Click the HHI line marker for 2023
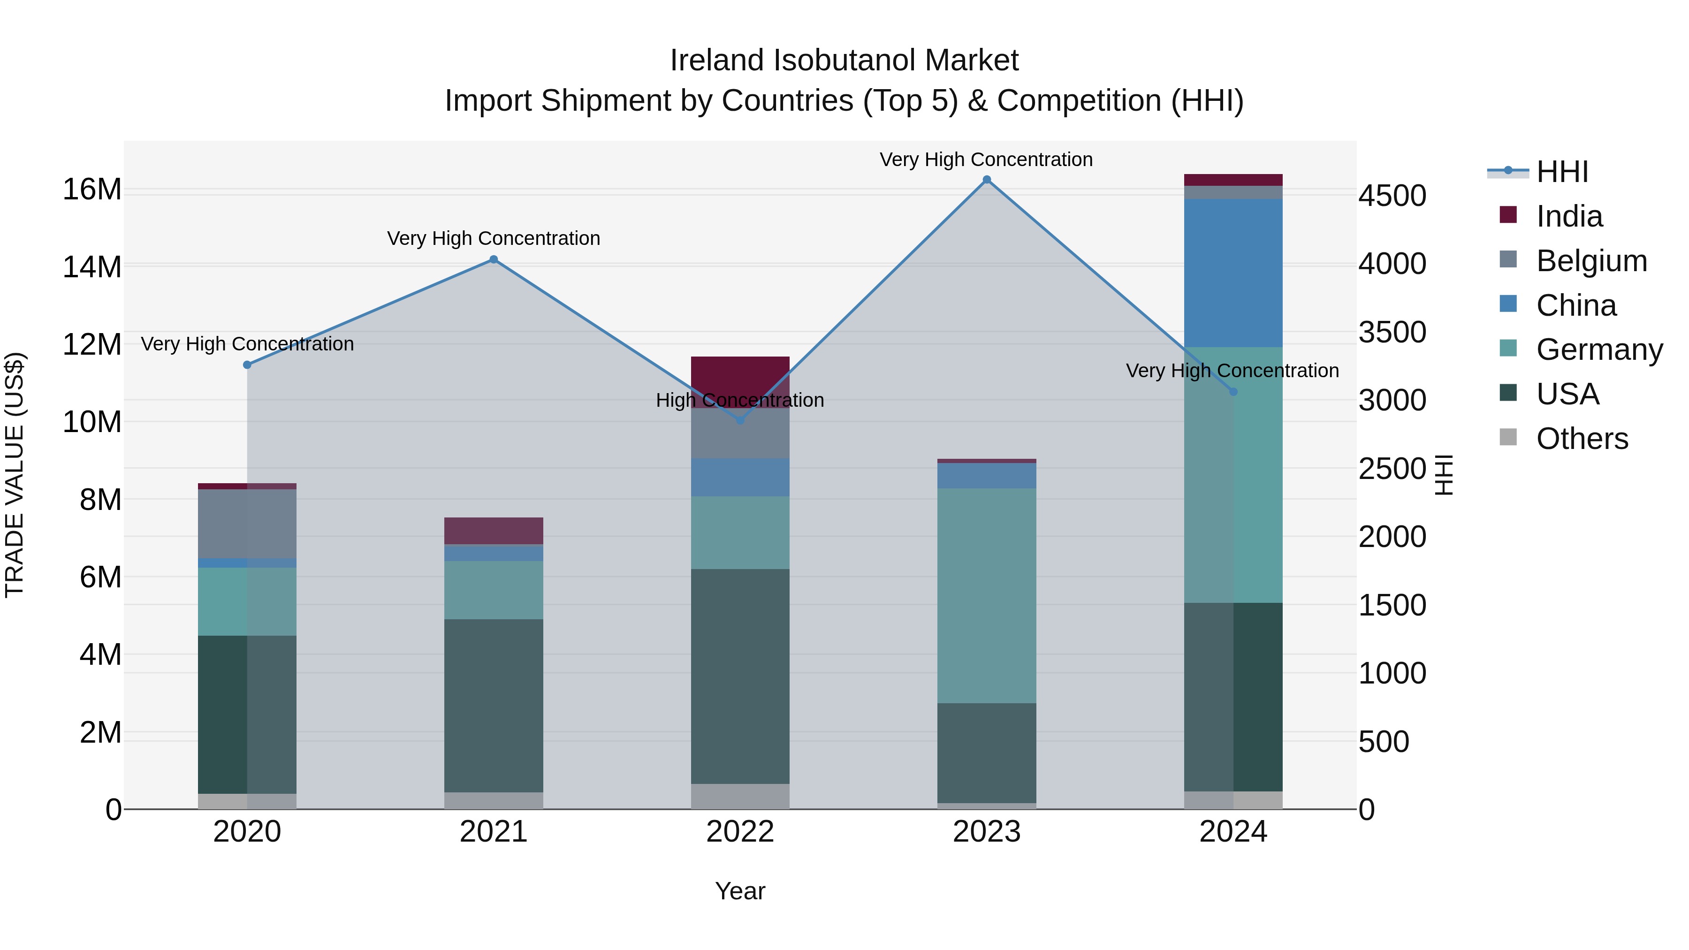point(986,180)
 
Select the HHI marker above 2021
point(494,259)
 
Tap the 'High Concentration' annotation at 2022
point(739,400)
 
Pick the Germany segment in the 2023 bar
point(986,595)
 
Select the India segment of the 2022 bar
point(739,374)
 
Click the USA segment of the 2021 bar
point(494,705)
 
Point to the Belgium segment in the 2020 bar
point(247,523)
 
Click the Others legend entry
point(1582,439)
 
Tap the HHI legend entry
point(1562,172)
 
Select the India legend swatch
point(1508,215)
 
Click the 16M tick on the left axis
point(92,190)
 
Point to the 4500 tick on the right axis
point(1392,195)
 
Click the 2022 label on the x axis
point(739,832)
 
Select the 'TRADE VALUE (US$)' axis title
point(15,475)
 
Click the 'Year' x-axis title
point(739,891)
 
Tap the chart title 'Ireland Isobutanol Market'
point(844,61)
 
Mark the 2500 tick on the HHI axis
point(1392,469)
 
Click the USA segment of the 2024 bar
point(1233,696)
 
